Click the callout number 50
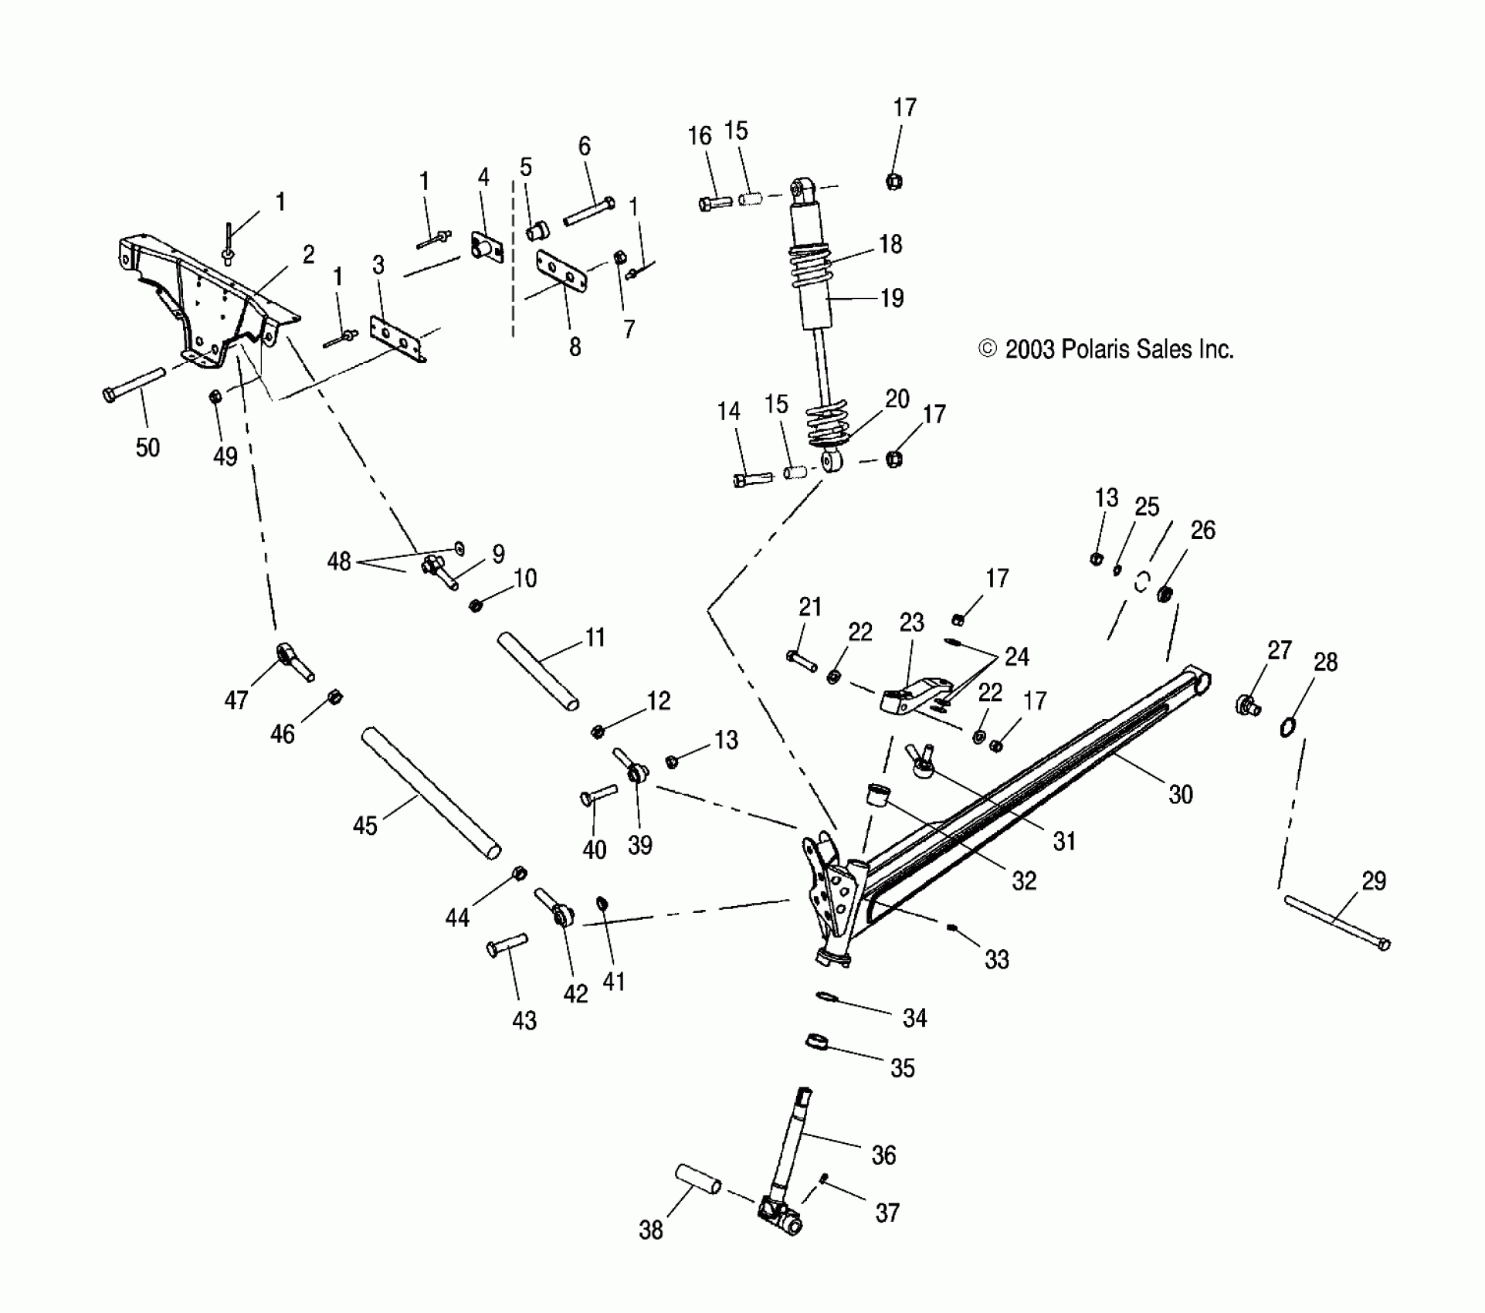(147, 447)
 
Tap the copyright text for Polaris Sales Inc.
(1106, 350)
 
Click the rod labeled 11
(538, 671)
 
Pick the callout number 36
(883, 1155)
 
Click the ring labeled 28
(1287, 727)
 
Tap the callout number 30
(1180, 794)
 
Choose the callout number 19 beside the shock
(892, 298)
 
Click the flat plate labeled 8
(561, 273)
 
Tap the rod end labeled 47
(293, 663)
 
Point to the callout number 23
(911, 623)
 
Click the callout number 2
(308, 256)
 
